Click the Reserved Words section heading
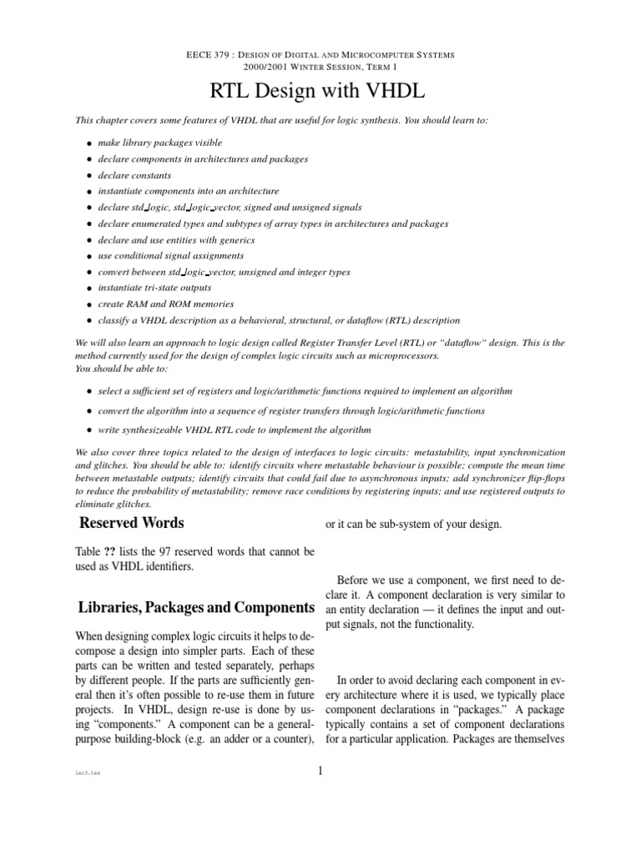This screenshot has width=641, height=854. click(131, 524)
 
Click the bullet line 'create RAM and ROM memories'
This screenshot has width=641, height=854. click(165, 304)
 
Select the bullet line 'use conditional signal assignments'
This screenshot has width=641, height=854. click(170, 256)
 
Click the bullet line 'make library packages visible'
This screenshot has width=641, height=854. click(159, 143)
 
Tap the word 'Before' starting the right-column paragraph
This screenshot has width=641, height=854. click(356, 580)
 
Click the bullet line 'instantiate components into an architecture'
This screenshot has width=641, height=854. click(188, 192)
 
